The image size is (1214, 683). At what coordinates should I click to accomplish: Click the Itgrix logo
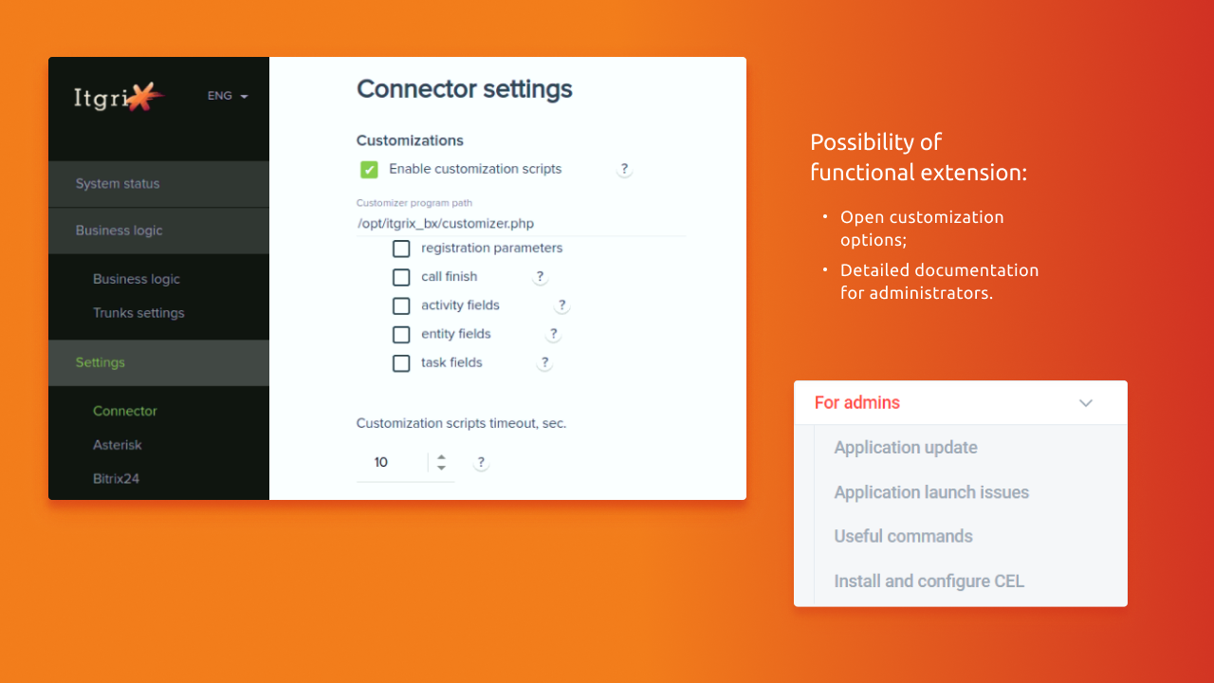tap(119, 97)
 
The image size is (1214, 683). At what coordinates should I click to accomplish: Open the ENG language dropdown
tap(228, 96)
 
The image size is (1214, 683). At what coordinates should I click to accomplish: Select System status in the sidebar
tap(118, 184)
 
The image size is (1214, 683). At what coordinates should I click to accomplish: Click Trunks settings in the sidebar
tap(138, 313)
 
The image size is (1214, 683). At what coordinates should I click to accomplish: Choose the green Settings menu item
tap(101, 362)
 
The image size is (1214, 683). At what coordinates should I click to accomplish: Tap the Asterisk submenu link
tap(117, 445)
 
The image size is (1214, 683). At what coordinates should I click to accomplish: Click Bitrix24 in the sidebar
tap(116, 479)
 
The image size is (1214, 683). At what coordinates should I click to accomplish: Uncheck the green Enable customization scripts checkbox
tap(369, 170)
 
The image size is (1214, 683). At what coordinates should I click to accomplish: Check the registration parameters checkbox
tap(401, 249)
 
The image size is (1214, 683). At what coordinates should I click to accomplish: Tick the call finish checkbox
tap(401, 277)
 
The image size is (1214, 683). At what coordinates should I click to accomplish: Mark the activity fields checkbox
tap(401, 305)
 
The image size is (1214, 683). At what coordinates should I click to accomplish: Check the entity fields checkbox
tap(401, 335)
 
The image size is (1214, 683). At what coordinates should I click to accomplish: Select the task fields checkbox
tap(401, 363)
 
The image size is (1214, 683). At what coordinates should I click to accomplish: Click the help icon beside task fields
tap(544, 362)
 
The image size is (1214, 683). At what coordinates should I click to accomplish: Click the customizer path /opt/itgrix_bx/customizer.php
tap(446, 224)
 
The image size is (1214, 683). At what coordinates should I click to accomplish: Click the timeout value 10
tap(381, 462)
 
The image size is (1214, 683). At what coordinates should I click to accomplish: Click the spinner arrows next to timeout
tap(441, 462)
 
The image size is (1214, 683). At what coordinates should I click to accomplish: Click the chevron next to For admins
tap(1086, 403)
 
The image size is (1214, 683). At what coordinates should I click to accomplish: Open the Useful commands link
tap(904, 537)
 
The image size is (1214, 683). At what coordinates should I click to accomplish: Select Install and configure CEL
tap(929, 581)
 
